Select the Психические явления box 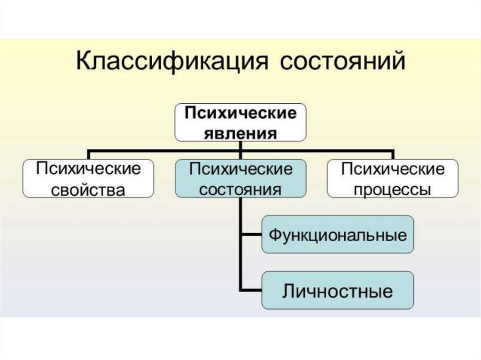pyautogui.click(x=240, y=123)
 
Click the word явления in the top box pyautogui.click(x=240, y=133)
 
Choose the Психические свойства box pyautogui.click(x=89, y=178)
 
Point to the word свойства pyautogui.click(x=89, y=190)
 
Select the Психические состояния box pyautogui.click(x=240, y=178)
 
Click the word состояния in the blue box pyautogui.click(x=240, y=190)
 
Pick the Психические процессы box pyautogui.click(x=393, y=178)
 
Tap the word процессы pyautogui.click(x=393, y=190)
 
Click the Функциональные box pyautogui.click(x=337, y=234)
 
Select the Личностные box pyautogui.click(x=337, y=290)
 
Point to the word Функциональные pyautogui.click(x=337, y=235)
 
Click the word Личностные pyautogui.click(x=337, y=291)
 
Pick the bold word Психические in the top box pyautogui.click(x=240, y=114)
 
